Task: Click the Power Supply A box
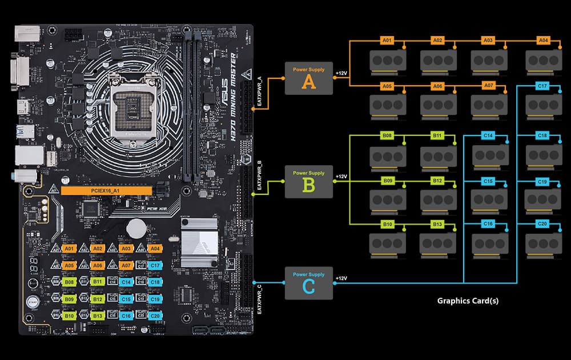click(309, 78)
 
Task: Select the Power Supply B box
click(309, 182)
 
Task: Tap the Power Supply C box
click(309, 283)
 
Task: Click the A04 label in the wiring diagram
click(543, 41)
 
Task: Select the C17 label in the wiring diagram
click(543, 86)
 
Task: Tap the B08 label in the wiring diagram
click(388, 136)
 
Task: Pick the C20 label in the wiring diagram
click(543, 223)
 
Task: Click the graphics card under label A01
click(388, 59)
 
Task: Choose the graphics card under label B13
click(438, 242)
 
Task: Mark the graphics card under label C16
click(488, 242)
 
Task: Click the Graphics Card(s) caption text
click(468, 301)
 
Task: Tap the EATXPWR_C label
click(260, 299)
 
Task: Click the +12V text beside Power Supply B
click(341, 177)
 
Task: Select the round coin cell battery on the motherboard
click(136, 227)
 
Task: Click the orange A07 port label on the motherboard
click(126, 265)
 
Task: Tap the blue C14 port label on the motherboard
click(126, 282)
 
